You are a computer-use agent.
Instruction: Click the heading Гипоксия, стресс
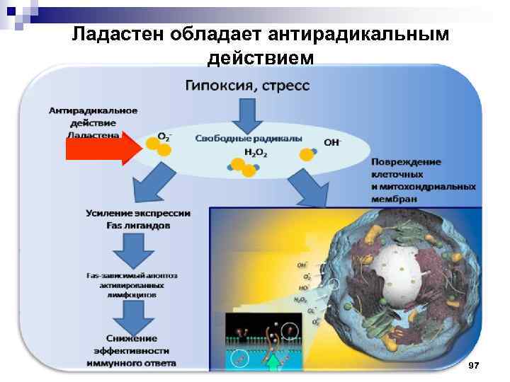(x=247, y=86)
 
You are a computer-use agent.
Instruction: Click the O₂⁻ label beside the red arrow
(x=164, y=136)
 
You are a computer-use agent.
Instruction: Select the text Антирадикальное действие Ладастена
(x=93, y=122)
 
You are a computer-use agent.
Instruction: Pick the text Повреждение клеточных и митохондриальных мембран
(x=423, y=180)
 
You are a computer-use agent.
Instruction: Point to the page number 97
(x=474, y=364)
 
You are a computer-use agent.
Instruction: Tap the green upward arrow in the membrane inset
(x=274, y=362)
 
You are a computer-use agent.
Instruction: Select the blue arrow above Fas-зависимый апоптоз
(x=135, y=250)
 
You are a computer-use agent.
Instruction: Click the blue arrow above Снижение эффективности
(x=134, y=315)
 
